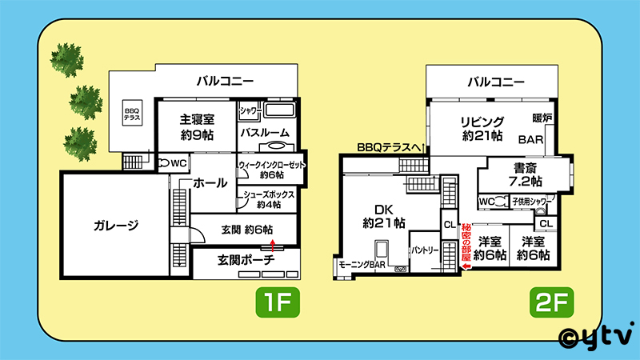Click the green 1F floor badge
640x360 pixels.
(x=278, y=302)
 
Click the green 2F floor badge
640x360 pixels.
(x=551, y=302)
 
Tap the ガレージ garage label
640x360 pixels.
(x=116, y=226)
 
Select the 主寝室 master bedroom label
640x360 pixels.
(x=197, y=127)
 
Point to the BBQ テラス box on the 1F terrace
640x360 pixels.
(x=132, y=113)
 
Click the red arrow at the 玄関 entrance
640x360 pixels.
(x=273, y=246)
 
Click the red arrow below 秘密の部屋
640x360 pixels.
(x=466, y=266)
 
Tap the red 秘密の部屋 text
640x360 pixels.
(x=466, y=242)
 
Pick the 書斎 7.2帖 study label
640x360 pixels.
(x=526, y=174)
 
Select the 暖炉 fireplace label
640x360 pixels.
(x=542, y=118)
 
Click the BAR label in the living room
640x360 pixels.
(x=530, y=139)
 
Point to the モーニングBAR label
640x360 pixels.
(x=362, y=265)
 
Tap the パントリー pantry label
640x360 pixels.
(x=425, y=250)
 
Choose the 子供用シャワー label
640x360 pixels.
(x=531, y=202)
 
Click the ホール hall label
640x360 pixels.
(x=210, y=183)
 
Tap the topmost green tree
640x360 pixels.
(x=67, y=59)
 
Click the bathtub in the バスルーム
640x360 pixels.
(x=279, y=110)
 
